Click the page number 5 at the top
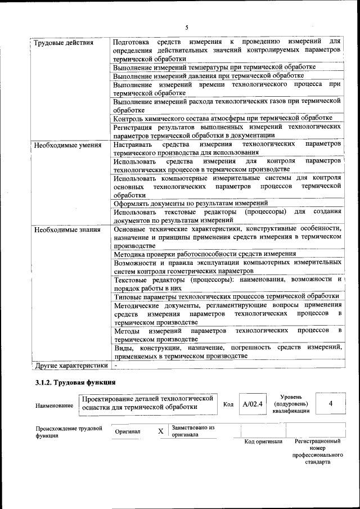186,27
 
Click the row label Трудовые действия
64,43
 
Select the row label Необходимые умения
67,145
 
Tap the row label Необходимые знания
67,229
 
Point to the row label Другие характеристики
71,366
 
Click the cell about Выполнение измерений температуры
214,67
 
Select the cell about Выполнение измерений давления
208,75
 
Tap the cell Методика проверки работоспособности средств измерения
205,254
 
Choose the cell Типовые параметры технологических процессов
226,296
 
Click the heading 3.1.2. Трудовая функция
72,383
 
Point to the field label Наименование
54,406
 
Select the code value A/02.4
252,404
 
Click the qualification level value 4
331,404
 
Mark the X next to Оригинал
160,431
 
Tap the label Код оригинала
263,442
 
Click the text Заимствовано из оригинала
193,431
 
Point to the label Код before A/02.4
228,404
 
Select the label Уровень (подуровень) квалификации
291,404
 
